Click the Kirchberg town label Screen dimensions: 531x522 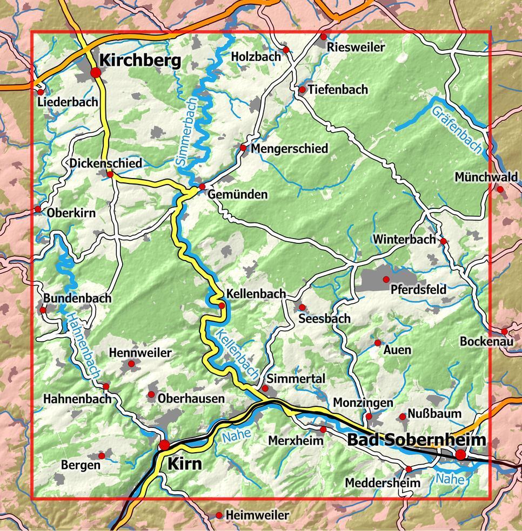click(x=140, y=60)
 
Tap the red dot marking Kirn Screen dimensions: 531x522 click(x=164, y=445)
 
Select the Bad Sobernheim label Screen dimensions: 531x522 click(x=416, y=440)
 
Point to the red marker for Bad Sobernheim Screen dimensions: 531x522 click(x=460, y=455)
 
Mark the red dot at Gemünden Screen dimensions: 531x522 click(x=203, y=187)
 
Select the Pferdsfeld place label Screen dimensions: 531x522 click(x=418, y=290)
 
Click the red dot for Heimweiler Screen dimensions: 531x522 click(x=219, y=516)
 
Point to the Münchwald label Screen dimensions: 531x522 click(x=486, y=177)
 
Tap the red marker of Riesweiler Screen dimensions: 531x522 click(x=323, y=37)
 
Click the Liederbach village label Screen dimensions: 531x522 click(x=68, y=102)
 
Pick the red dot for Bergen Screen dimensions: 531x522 click(x=102, y=456)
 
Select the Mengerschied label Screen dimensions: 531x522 click(x=290, y=148)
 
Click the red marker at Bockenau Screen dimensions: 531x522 click(x=504, y=332)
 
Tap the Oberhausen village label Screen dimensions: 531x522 click(x=191, y=399)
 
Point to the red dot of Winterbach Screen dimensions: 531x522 click(x=443, y=241)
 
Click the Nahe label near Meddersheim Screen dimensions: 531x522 click(x=450, y=478)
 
